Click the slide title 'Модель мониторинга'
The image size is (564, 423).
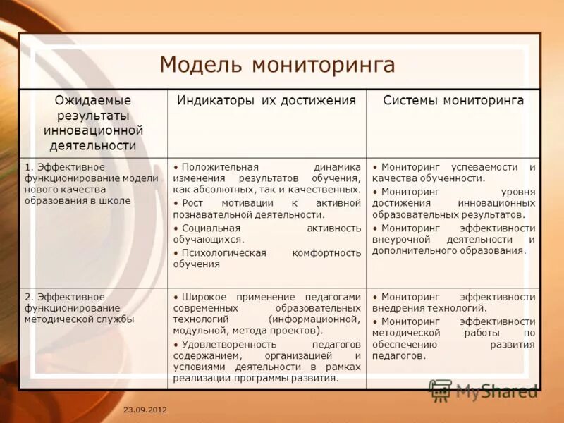[x=277, y=64]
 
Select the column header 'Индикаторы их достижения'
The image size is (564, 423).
[x=266, y=101]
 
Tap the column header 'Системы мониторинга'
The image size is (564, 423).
[x=453, y=101]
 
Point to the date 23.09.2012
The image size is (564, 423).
[x=145, y=410]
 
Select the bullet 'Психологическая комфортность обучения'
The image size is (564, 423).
[x=266, y=258]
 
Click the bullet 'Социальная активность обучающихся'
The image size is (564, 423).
[x=266, y=234]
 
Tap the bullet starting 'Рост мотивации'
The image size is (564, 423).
[x=266, y=209]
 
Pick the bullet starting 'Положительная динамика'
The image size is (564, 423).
[x=266, y=178]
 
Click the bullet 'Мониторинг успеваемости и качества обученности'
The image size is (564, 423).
[x=453, y=173]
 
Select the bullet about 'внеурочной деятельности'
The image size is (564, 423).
[x=453, y=239]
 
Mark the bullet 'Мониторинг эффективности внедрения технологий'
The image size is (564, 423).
[x=453, y=302]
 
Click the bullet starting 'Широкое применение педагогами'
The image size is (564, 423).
[x=266, y=314]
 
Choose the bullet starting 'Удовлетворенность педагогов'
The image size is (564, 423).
[x=266, y=361]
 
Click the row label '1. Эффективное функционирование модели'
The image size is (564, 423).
[x=92, y=184]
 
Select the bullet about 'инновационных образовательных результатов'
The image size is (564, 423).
[x=453, y=203]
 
